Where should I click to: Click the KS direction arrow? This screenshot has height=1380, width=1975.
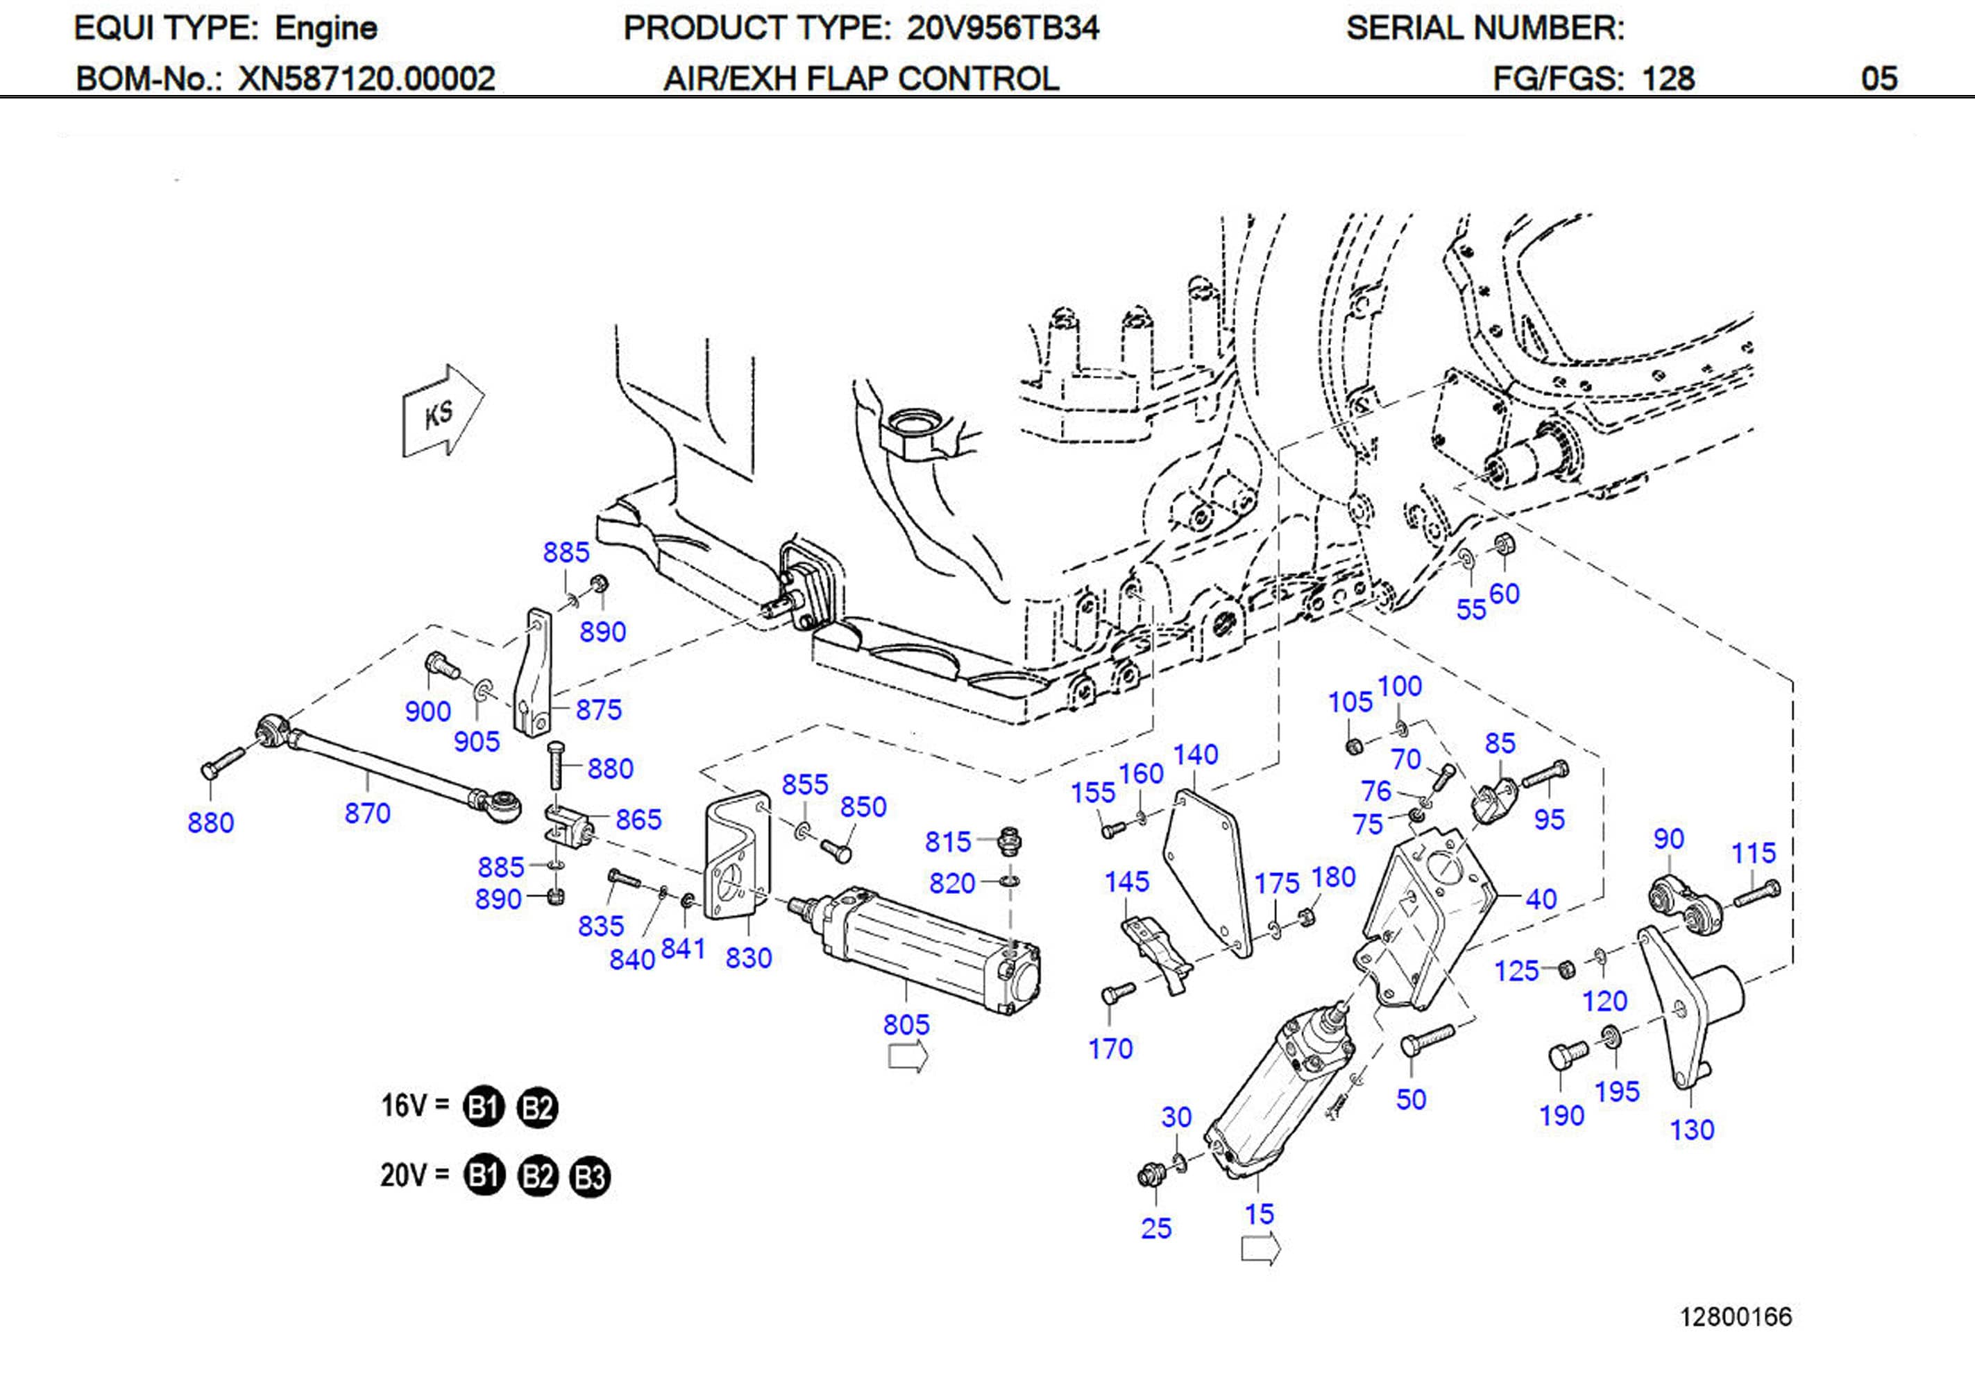[x=443, y=411]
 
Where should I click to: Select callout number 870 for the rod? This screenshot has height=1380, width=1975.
[x=367, y=813]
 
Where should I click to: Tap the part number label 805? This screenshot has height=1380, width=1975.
[x=906, y=1024]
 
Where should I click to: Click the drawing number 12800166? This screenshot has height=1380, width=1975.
[x=1735, y=1316]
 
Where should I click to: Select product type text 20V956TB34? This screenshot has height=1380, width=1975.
[x=1002, y=28]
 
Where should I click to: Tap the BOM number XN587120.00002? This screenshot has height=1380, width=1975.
[x=366, y=78]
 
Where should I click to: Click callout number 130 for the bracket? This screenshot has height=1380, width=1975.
[x=1691, y=1129]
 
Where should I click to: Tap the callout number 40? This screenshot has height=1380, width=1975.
[x=1541, y=899]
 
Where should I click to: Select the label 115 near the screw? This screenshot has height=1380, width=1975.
[x=1753, y=852]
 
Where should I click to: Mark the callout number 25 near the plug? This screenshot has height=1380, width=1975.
[x=1155, y=1228]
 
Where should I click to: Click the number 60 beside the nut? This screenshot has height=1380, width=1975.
[x=1504, y=594]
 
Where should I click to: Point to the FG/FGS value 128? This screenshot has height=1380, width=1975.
[x=1667, y=78]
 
